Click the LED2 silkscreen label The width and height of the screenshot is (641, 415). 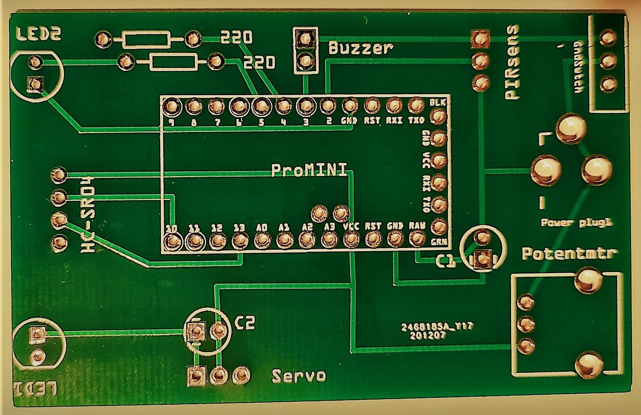pos(38,34)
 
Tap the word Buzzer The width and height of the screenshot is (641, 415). pos(361,48)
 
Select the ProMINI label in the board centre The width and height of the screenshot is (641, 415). pos(309,170)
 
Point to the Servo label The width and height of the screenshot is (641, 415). pos(299,376)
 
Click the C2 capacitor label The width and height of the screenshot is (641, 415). pos(245,323)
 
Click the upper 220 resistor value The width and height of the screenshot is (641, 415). pos(236,37)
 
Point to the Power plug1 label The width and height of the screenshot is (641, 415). pos(576,223)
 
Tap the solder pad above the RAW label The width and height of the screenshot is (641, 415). pos(417,238)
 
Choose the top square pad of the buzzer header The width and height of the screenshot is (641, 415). pos(305,38)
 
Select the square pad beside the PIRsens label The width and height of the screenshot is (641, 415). pos(480,39)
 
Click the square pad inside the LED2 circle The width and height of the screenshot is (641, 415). pos(35,84)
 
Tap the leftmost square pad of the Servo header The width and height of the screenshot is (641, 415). pos(196,376)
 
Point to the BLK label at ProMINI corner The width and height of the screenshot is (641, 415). pos(438,102)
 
